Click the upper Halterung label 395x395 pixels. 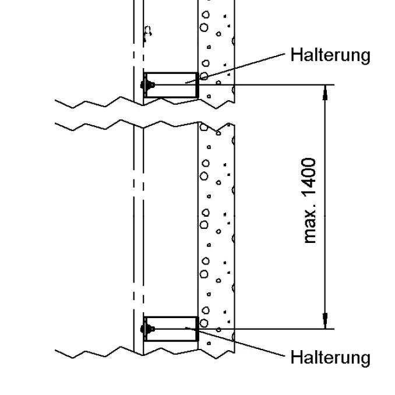330,55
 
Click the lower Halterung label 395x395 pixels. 330,357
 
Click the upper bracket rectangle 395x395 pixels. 171,79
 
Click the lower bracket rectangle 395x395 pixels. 171,323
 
